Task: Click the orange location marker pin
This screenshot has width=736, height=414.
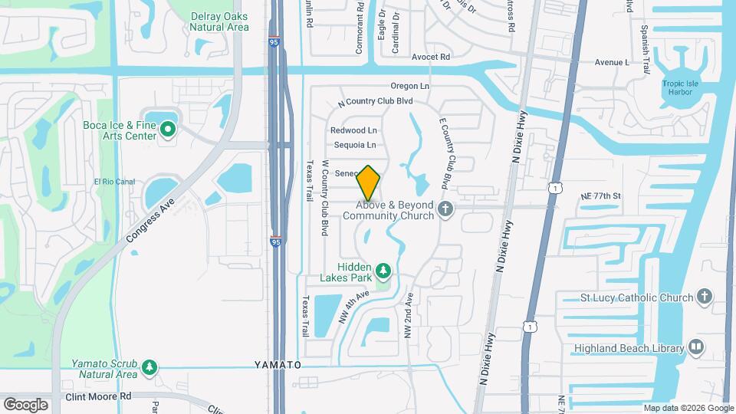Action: (369, 182)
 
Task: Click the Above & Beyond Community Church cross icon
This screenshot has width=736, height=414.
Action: (445, 209)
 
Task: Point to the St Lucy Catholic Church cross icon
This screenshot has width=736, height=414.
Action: (705, 297)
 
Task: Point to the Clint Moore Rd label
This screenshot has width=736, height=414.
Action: (99, 396)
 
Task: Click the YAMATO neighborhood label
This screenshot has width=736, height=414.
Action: (278, 365)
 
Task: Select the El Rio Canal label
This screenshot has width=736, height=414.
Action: (113, 182)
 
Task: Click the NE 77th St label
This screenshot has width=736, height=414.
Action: (600, 196)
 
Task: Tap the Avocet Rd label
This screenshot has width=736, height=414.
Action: (430, 57)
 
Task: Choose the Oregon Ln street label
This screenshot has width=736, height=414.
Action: (410, 86)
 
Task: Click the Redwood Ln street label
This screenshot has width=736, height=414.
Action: (354, 130)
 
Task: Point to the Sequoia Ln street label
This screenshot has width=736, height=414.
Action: (355, 145)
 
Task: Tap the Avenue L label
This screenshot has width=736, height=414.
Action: (611, 62)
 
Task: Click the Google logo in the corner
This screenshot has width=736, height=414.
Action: (25, 404)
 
